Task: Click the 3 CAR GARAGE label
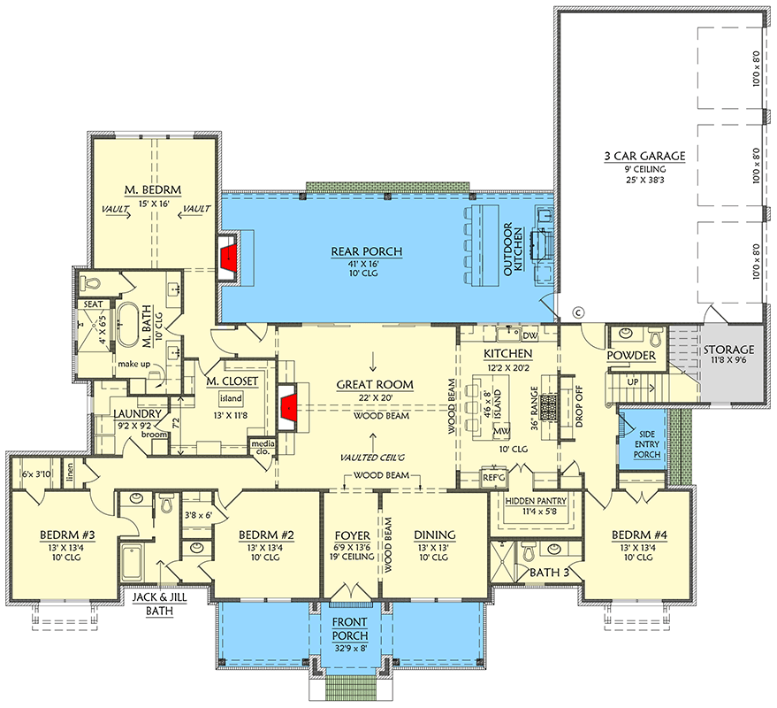(645, 156)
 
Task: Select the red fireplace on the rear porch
(230, 258)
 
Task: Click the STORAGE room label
(729, 350)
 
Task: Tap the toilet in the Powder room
(655, 337)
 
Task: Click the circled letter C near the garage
(579, 312)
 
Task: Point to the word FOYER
(351, 535)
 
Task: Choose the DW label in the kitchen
(530, 336)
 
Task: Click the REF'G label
(492, 477)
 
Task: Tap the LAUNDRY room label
(137, 413)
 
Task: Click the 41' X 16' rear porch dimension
(367, 263)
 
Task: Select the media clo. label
(263, 445)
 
